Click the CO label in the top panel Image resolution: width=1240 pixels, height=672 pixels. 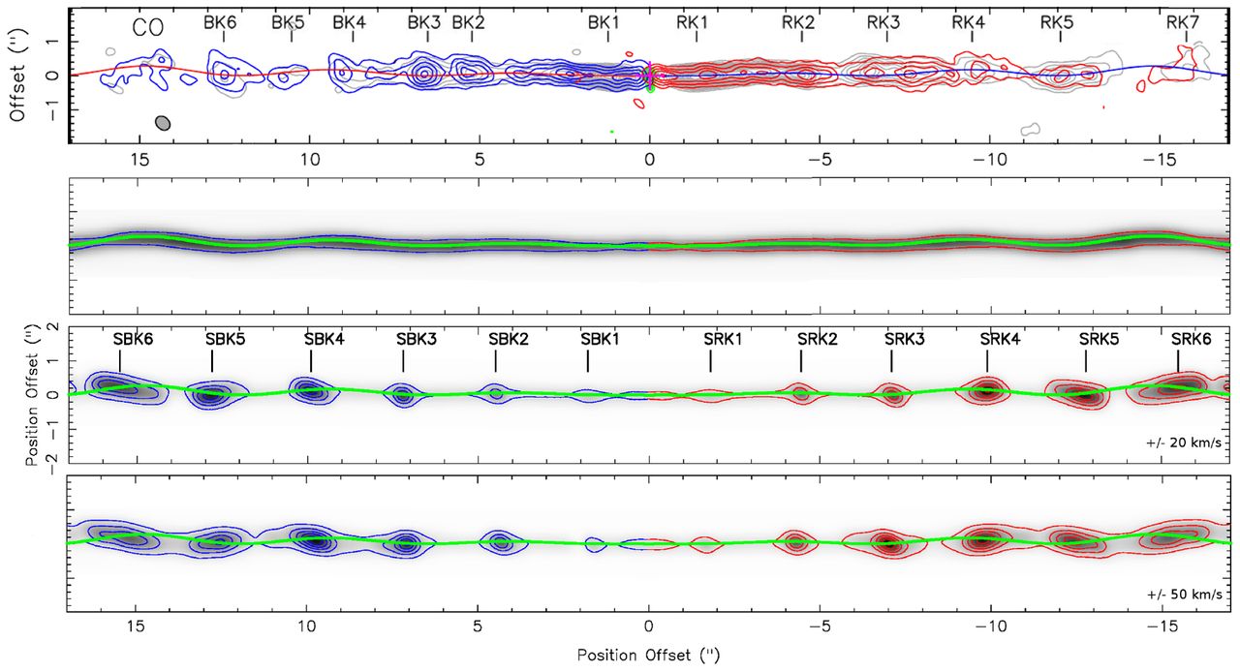coord(148,28)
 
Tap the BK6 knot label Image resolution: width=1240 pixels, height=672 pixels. coord(220,22)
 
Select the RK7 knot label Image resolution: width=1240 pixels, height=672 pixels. coord(1183,22)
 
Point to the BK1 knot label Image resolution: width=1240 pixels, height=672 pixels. coord(604,22)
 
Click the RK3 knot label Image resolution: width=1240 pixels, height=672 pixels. coord(883,22)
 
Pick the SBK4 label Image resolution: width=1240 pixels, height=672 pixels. coord(325,339)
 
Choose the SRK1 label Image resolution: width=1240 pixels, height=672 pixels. coord(723,339)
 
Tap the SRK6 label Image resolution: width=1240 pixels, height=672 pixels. coord(1192,339)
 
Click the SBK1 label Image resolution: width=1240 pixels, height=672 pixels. coord(600,339)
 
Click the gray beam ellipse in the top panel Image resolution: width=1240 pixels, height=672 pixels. coord(163,123)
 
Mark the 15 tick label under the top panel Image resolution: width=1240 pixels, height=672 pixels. coord(139,160)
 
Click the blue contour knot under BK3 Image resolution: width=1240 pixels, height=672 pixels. coord(423,74)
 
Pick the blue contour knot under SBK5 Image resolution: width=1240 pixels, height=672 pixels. coord(212,395)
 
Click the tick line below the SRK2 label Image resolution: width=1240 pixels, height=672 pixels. coord(800,361)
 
